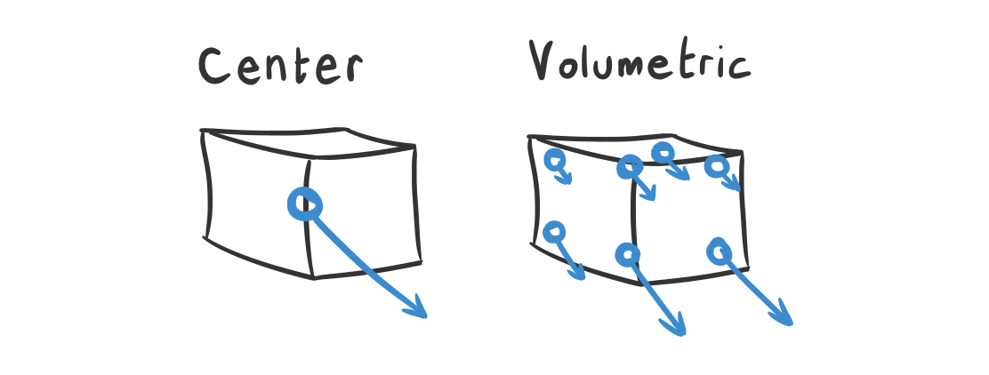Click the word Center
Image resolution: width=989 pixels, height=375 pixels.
280,66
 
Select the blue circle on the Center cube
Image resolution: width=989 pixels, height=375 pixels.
304,204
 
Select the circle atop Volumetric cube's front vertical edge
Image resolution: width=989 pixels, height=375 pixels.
630,166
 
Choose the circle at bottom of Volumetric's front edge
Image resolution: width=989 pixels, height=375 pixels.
628,255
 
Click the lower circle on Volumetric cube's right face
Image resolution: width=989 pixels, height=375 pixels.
719,252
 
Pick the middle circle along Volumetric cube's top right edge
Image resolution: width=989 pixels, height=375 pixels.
663,154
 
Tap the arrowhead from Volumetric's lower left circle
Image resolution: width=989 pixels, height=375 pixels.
581,275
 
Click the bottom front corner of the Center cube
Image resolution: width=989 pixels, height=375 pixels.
314,276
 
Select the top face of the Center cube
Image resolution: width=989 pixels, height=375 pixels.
307,142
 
